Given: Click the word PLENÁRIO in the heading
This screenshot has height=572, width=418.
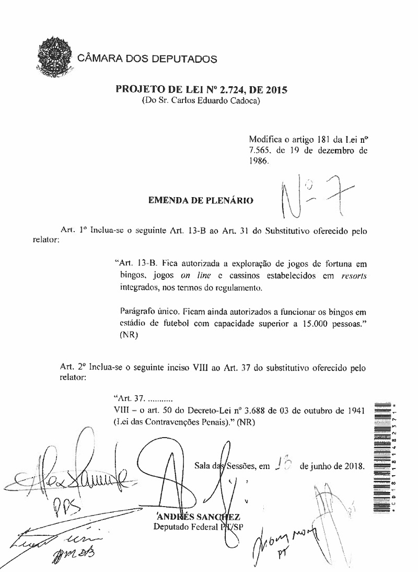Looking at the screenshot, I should point(226,199).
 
